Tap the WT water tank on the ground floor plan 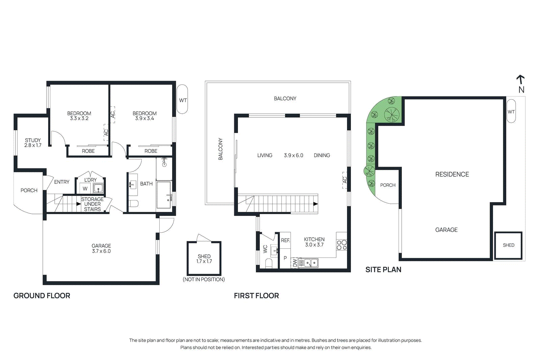182,100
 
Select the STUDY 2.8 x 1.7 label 33,143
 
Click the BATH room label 146,184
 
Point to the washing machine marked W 85,189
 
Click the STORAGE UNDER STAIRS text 92,204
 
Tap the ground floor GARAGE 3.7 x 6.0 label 101,248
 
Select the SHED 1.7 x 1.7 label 204,259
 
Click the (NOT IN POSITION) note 204,279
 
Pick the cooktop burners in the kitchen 342,245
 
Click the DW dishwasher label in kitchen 295,262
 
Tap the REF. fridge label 286,240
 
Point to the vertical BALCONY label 220,149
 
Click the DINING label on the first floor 322,155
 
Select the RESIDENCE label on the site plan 452,174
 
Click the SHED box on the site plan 508,245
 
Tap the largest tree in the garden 392,114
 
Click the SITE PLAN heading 383,270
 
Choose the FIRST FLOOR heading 256,296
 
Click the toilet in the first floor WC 269,263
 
